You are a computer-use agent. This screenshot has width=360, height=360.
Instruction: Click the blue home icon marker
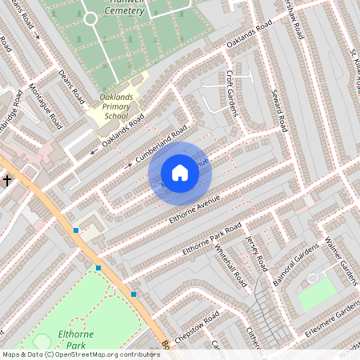coord(180,173)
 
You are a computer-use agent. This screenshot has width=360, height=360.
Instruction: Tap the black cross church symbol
coord(7,181)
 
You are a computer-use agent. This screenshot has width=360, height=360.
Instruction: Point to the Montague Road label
coord(46,106)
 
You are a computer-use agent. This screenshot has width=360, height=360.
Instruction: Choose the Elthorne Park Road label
coord(211,240)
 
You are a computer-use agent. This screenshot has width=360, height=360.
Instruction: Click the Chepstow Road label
coord(196,328)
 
